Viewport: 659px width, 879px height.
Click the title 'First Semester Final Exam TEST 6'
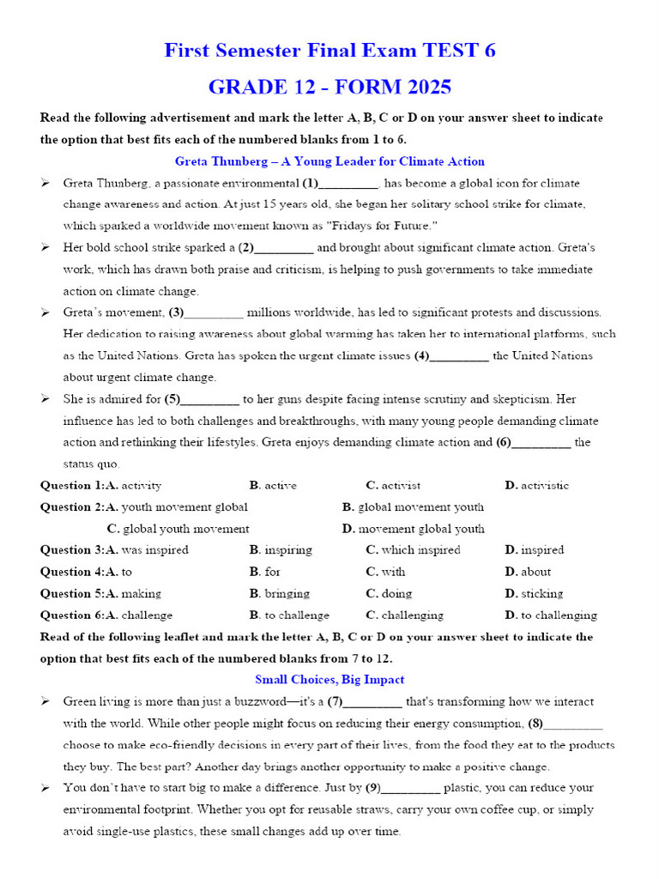pos(329,51)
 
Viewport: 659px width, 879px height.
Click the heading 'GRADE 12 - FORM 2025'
pos(329,88)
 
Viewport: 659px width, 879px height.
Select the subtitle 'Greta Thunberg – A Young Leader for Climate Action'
pos(329,161)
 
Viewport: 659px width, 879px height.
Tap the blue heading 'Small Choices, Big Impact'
pos(329,680)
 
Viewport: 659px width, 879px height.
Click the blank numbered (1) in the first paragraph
pos(349,184)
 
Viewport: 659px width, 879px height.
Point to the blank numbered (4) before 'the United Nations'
pos(459,356)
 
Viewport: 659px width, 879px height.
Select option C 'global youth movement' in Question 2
pos(178,529)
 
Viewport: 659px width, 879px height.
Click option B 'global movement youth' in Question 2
pos(413,507)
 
